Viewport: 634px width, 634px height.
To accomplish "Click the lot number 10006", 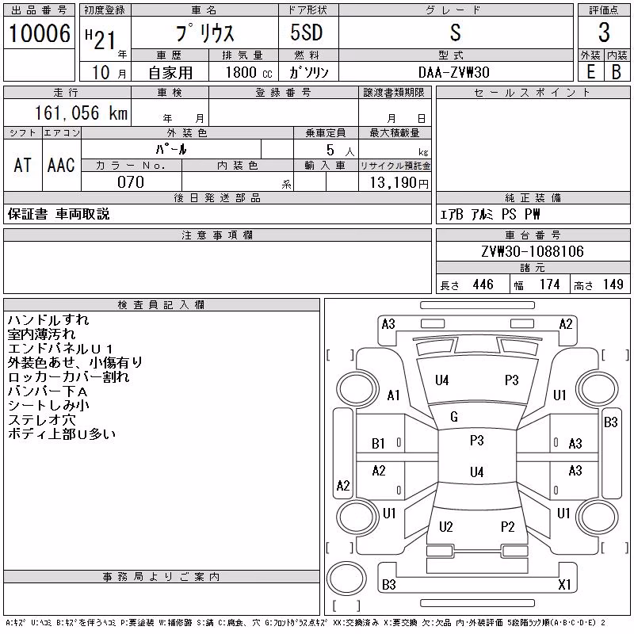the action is pos(39,32).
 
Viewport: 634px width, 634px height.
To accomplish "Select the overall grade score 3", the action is pos(604,32).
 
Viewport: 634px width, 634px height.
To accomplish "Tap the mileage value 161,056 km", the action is pos(81,113).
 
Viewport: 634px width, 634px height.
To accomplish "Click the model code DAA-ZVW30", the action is pos(453,72).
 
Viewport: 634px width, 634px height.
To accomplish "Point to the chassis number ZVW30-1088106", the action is pos(533,251).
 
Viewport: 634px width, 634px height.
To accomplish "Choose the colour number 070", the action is pos(131,182).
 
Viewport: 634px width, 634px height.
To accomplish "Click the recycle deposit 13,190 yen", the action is pos(399,183).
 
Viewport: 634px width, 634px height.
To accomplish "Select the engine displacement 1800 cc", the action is pos(249,72).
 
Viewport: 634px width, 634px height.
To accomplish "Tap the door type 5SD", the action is pos(307,32).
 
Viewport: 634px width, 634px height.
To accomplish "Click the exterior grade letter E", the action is pos(590,72).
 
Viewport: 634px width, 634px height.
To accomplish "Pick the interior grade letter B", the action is pos(617,72).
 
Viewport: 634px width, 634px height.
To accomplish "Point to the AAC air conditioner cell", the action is pos(61,165).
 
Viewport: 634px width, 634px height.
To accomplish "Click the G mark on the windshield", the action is pos(454,417).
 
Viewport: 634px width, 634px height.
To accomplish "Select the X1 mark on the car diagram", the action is pos(564,584).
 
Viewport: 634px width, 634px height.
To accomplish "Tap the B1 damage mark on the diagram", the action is pos(378,444).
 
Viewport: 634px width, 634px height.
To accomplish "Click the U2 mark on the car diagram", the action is pos(446,526).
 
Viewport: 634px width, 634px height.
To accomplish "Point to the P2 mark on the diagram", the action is pos(508,526).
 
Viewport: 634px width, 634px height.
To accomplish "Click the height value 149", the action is pos(613,285).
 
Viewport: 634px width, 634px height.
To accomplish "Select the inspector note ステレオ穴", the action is pos(42,420).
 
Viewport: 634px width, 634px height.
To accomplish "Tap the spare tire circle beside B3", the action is pos(346,579).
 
